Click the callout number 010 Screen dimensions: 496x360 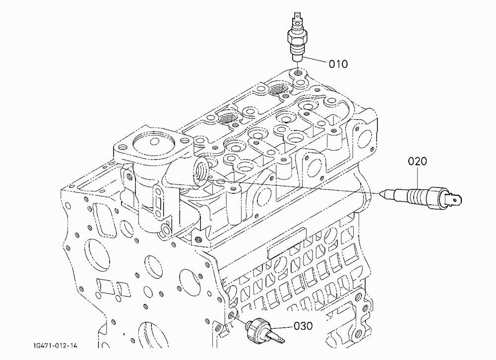[338, 64]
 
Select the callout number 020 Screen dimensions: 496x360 [417, 161]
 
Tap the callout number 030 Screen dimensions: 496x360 [303, 326]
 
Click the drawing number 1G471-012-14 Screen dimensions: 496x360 [55, 345]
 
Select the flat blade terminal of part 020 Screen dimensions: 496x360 [454, 200]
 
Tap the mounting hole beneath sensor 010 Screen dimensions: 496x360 [297, 73]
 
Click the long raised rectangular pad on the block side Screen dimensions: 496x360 [287, 242]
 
